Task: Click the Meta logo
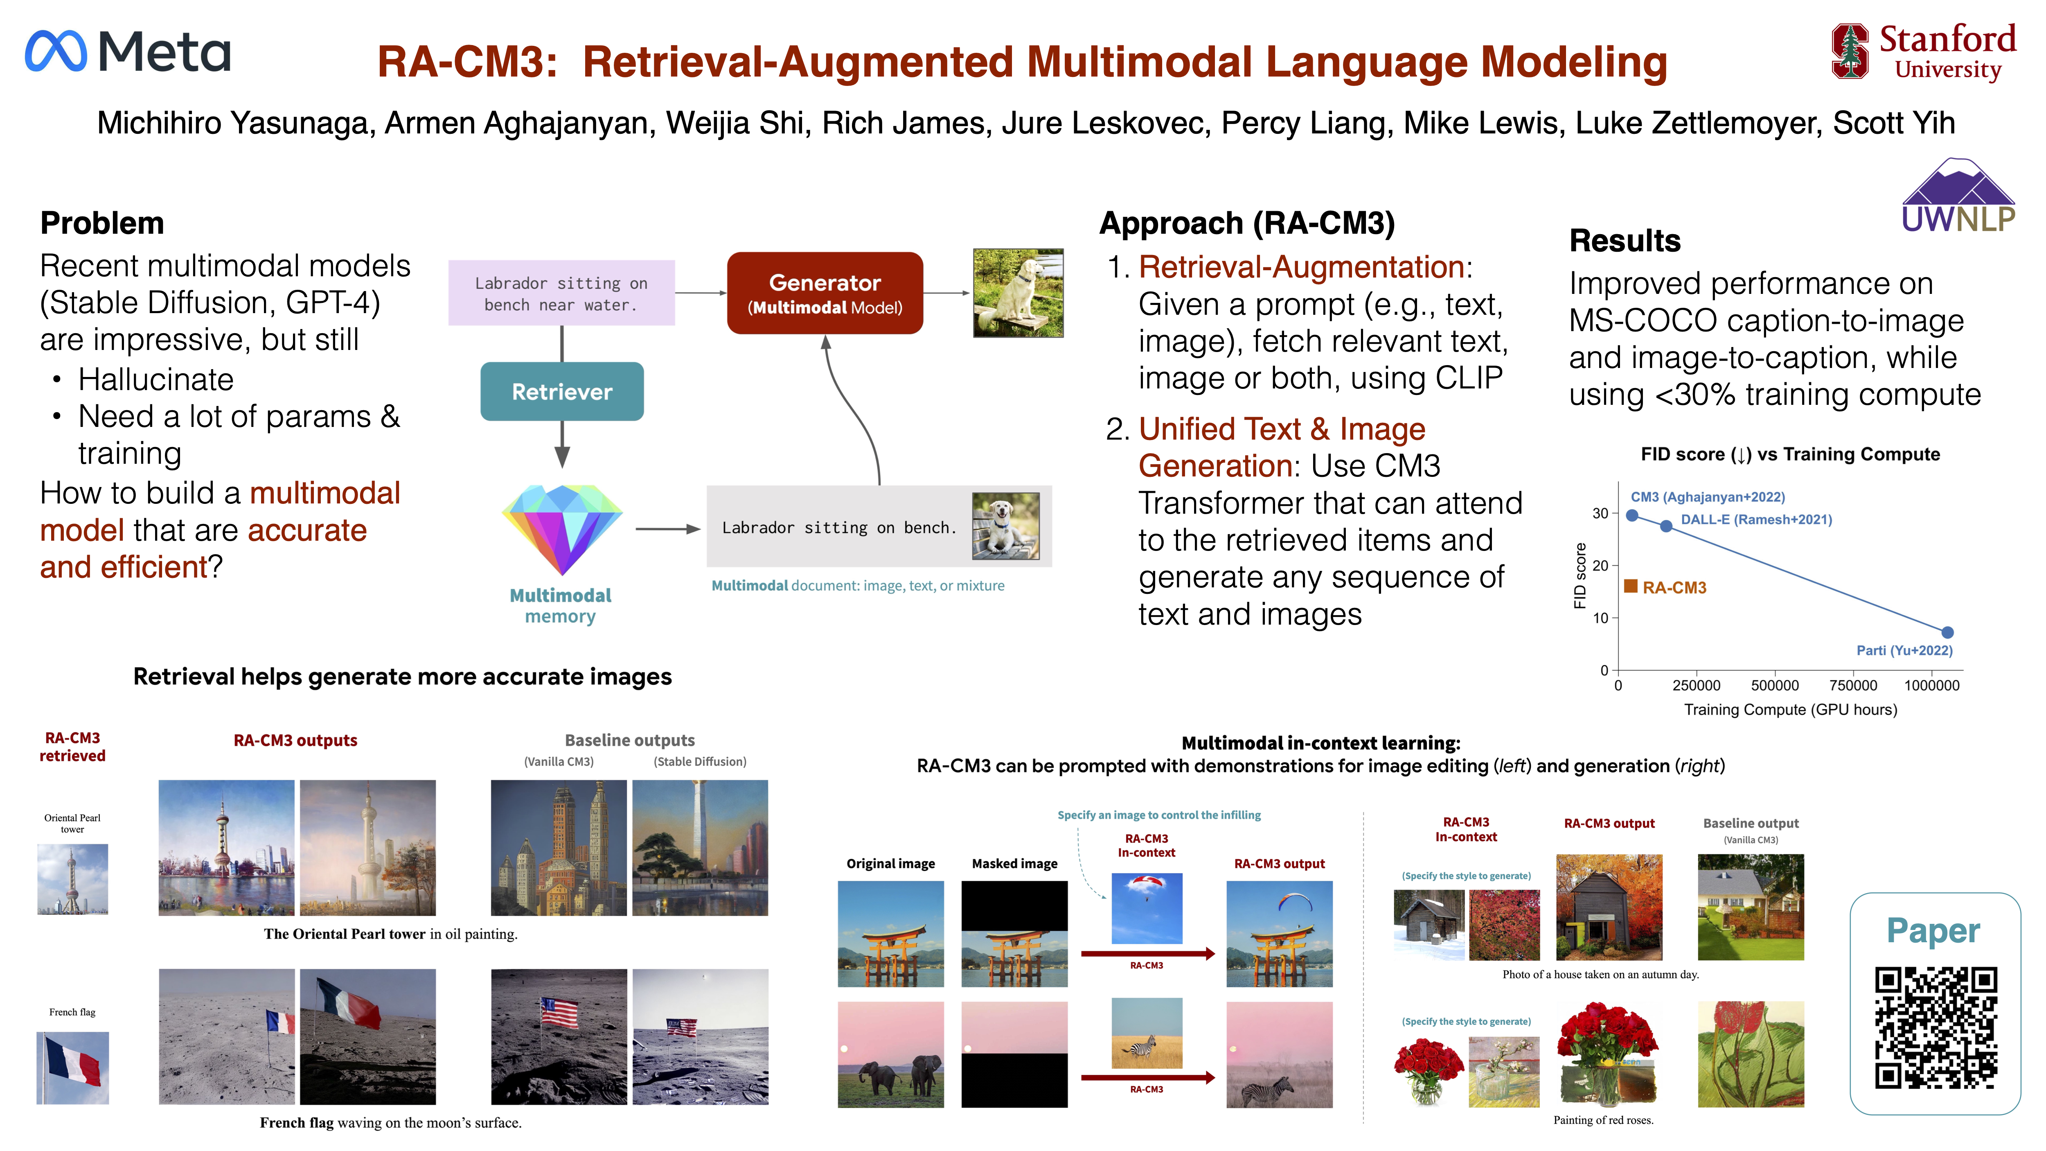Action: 128,52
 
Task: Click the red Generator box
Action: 825,293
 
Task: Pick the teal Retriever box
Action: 561,392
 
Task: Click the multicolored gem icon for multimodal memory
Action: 561,529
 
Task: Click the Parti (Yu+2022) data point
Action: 1947,632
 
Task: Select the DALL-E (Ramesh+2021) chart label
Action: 1756,519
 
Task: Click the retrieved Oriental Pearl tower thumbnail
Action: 72,878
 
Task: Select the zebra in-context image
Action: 1146,1033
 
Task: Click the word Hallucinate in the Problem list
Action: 155,380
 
